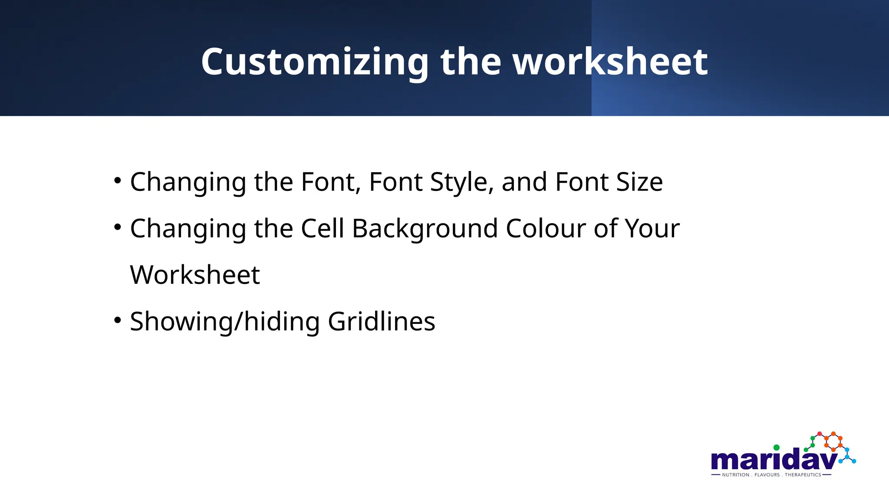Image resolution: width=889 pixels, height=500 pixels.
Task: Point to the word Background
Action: coord(425,228)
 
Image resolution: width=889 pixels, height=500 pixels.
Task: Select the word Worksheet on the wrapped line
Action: coord(195,275)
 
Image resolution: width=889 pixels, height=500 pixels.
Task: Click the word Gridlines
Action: coord(381,322)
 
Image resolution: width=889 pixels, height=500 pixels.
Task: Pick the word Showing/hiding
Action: coord(224,322)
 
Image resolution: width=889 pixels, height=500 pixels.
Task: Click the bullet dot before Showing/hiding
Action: coord(117,320)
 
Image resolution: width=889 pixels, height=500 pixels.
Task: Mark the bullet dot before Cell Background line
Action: coord(117,227)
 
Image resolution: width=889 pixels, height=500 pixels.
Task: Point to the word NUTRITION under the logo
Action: coord(735,475)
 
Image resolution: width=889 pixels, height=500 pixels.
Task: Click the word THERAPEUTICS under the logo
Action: coord(803,475)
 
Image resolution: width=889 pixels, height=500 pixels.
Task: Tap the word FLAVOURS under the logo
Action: coord(767,475)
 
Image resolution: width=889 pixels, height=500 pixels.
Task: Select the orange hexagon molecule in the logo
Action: coord(833,441)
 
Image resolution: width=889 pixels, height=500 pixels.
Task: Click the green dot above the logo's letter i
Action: coord(776,447)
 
